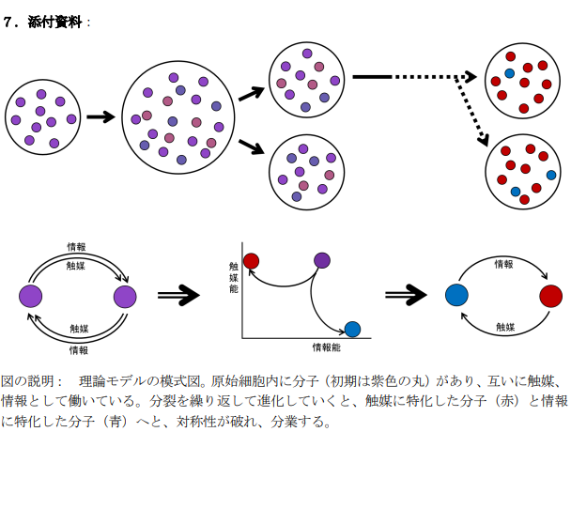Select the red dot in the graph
tap(251, 260)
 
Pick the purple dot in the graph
tap(322, 260)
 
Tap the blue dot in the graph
tap(352, 329)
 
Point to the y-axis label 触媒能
tap(233, 278)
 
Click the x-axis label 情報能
tap(326, 347)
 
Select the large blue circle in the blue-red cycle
tap(456, 295)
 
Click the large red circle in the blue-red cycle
tap(551, 296)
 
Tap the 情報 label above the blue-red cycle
tap(504, 265)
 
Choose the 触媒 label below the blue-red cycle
tap(505, 327)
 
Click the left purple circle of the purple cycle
tap(31, 297)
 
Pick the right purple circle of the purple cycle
tap(125, 297)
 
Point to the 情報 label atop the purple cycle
tap(77, 248)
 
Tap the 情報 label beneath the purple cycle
tap(79, 349)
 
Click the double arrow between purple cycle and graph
tap(178, 296)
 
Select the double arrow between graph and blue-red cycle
tap(406, 296)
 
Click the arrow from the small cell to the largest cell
tap(100, 117)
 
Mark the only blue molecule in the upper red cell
tap(510, 73)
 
